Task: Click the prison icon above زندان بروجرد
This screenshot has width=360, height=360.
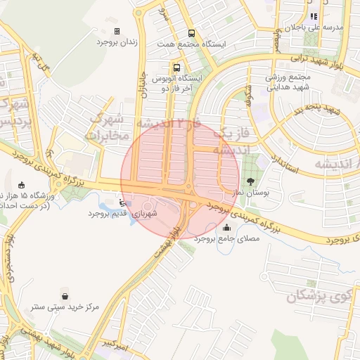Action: click(117, 31)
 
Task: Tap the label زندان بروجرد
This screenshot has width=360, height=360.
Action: click(117, 42)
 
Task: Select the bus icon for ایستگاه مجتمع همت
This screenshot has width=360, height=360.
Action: click(191, 33)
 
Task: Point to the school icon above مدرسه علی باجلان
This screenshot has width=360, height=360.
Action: click(314, 15)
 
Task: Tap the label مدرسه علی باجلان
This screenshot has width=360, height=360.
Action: click(321, 27)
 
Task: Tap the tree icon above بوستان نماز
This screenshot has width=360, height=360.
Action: click(251, 182)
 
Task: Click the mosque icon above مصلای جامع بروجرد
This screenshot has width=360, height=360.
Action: click(226, 228)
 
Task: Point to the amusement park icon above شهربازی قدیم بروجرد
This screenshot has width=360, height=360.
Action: click(124, 202)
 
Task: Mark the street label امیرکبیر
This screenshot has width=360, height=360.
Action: click(113, 344)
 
